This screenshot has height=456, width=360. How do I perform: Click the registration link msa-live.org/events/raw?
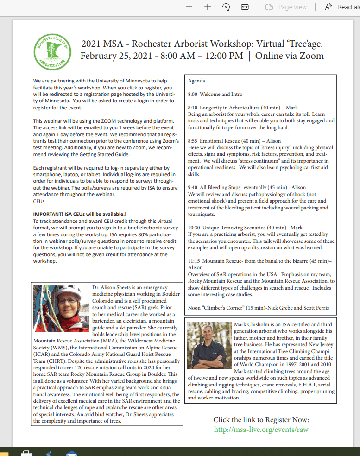tap(261, 429)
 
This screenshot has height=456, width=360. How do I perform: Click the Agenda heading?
tap(196, 81)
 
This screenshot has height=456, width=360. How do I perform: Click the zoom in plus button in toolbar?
tap(208, 7)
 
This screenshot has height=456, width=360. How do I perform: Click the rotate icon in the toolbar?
tap(227, 7)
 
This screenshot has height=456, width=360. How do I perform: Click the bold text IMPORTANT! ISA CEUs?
tap(79, 215)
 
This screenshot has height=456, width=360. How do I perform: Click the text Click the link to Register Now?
tap(261, 420)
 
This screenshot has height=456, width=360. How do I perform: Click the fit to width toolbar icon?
tap(245, 7)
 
